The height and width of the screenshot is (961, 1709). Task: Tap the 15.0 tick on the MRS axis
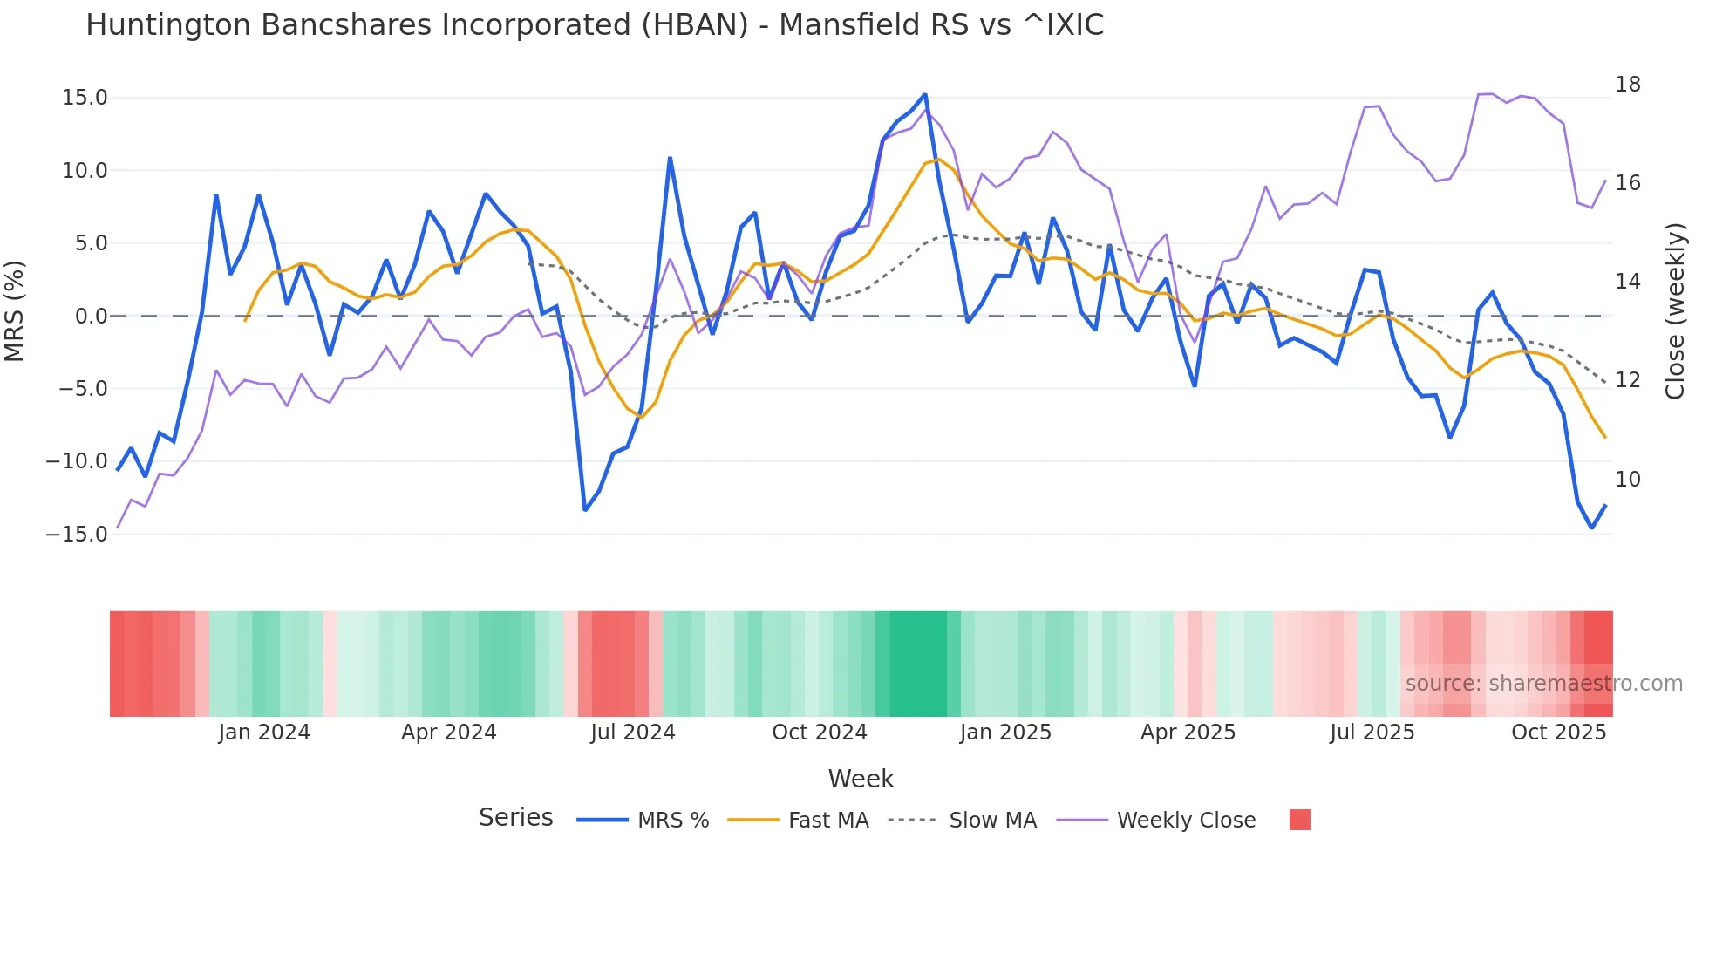click(85, 98)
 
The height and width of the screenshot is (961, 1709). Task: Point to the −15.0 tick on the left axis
click(77, 534)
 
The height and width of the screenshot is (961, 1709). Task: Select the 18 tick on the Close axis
click(1627, 85)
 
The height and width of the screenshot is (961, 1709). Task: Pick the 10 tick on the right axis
click(1627, 479)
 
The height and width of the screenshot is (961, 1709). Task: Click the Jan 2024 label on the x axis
click(263, 733)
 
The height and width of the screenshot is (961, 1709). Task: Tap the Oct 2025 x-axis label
click(1558, 733)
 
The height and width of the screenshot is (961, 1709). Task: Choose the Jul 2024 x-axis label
click(632, 733)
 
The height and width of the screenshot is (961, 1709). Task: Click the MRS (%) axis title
click(15, 310)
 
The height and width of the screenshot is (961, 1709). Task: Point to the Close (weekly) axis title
click(1675, 310)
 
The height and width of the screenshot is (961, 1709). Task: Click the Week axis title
click(861, 779)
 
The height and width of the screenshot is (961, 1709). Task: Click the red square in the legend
click(1299, 820)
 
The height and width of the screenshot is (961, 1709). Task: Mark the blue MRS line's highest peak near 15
click(925, 94)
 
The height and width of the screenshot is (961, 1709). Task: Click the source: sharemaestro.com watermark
click(1543, 684)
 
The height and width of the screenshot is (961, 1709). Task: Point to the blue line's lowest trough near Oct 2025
click(1591, 528)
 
